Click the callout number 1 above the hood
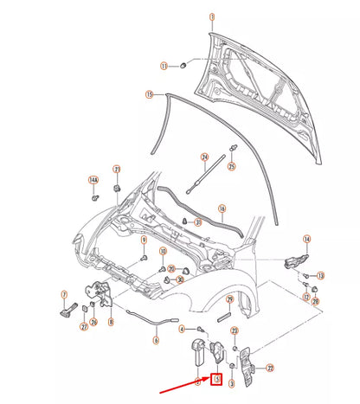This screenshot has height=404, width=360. click(x=209, y=16)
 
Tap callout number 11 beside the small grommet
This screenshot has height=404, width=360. click(x=163, y=66)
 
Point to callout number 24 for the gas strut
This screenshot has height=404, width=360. click(x=205, y=157)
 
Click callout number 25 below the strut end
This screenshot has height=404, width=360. click(x=231, y=165)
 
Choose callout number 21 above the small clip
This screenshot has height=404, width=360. click(x=117, y=170)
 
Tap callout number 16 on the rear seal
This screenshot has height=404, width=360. click(x=222, y=208)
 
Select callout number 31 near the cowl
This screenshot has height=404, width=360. click(x=198, y=222)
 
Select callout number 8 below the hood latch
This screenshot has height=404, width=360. click(x=111, y=322)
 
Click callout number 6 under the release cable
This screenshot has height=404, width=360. click(x=156, y=340)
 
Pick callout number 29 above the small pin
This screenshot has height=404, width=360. click(x=229, y=299)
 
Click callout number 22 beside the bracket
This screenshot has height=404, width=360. click(x=270, y=368)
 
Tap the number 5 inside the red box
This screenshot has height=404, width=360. click(x=218, y=378)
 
